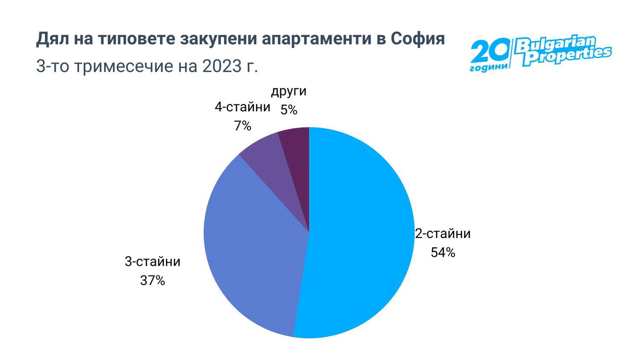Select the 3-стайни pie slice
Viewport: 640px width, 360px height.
pyautogui.click(x=252, y=247)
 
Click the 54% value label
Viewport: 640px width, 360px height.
pyautogui.click(x=443, y=253)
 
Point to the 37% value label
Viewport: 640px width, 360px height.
pyautogui.click(x=152, y=280)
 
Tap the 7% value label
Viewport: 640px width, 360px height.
pyautogui.click(x=242, y=126)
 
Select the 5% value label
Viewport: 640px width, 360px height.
pyautogui.click(x=289, y=110)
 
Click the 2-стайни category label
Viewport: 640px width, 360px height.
pyautogui.click(x=443, y=233)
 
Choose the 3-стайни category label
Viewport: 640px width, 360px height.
pyautogui.click(x=152, y=261)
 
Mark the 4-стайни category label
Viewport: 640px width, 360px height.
pyautogui.click(x=242, y=107)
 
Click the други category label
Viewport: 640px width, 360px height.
pyautogui.click(x=289, y=91)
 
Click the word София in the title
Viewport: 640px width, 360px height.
pyautogui.click(x=418, y=39)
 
